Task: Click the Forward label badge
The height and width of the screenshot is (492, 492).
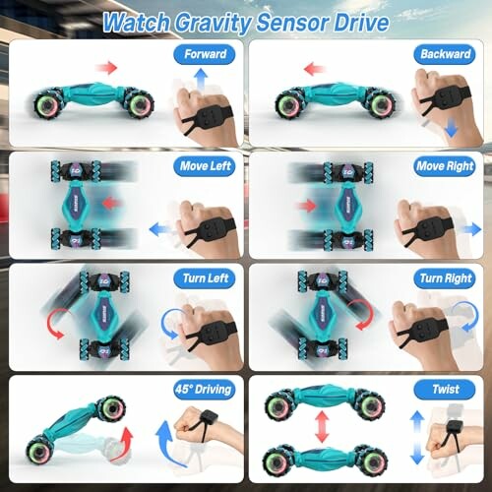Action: [205, 54]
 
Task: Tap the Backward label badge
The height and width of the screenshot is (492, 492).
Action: [445, 54]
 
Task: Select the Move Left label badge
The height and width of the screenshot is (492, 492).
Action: [205, 166]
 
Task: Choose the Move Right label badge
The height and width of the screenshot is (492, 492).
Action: [445, 166]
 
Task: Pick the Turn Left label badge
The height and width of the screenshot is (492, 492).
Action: [205, 278]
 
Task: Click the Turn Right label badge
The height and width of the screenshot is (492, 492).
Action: [445, 278]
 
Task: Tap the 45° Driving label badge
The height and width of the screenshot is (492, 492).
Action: [205, 390]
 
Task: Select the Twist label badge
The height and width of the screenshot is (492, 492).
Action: [445, 390]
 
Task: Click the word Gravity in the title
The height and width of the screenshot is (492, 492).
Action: [213, 23]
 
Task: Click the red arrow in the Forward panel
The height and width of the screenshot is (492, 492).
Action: [106, 68]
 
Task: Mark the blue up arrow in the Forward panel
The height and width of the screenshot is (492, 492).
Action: [201, 79]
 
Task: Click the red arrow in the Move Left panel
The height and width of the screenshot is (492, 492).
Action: [110, 204]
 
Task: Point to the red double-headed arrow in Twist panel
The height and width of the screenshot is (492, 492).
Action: [322, 426]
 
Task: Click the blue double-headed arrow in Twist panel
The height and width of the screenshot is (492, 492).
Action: [417, 437]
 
